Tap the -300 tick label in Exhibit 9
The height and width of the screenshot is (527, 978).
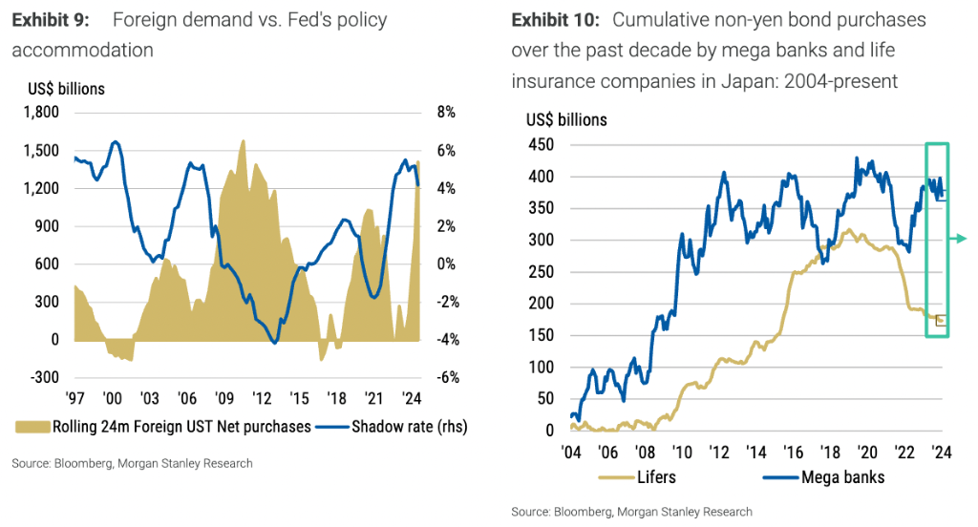(43, 377)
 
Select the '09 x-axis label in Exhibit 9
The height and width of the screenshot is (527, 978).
(224, 399)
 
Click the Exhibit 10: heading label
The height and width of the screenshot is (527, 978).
(557, 20)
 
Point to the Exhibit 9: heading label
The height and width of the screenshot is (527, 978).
(53, 20)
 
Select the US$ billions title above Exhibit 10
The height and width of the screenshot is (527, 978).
(566, 120)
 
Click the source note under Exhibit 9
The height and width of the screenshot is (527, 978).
(132, 463)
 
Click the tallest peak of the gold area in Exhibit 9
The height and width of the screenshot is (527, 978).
(243, 142)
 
